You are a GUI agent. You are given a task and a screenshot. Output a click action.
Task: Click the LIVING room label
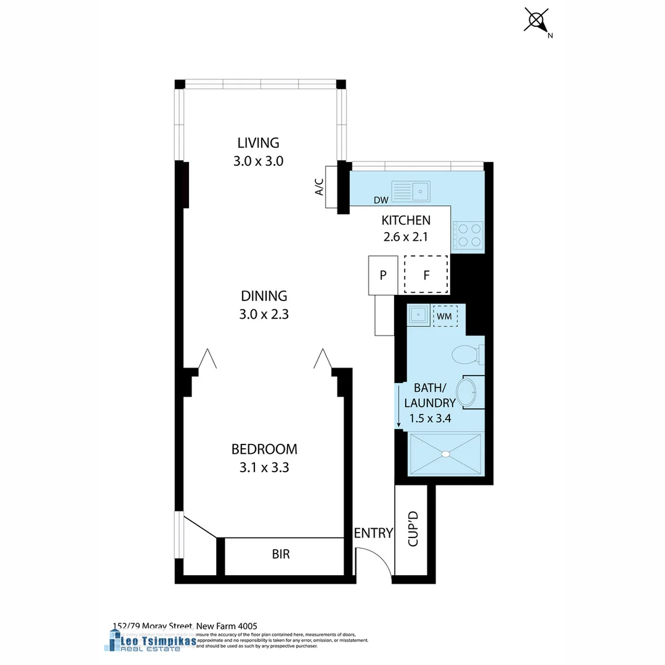click(x=258, y=143)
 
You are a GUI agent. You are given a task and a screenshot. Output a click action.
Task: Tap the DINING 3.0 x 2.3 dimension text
click(x=264, y=314)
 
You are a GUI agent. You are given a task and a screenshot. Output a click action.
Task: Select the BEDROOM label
click(x=264, y=449)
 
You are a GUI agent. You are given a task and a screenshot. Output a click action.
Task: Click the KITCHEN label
click(x=406, y=220)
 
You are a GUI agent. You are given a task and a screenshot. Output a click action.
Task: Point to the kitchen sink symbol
click(x=411, y=191)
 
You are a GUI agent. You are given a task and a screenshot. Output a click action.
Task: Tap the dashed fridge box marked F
click(x=426, y=275)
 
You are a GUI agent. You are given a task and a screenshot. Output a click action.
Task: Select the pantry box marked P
click(x=383, y=275)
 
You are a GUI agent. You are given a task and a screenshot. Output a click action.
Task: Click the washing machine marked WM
click(x=445, y=316)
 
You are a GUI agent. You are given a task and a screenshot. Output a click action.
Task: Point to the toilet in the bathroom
click(x=465, y=355)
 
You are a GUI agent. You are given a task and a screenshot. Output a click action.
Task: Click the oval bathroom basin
click(x=466, y=392)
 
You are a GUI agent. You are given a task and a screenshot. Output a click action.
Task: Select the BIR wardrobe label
click(x=281, y=554)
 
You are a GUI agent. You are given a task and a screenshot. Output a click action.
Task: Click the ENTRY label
click(x=373, y=533)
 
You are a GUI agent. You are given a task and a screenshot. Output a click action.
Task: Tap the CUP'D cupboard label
click(x=413, y=528)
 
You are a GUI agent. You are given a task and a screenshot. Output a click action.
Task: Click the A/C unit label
click(x=320, y=187)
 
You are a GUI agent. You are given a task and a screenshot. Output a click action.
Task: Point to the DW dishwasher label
click(x=381, y=200)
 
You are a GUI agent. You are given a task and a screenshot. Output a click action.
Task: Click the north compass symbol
click(x=537, y=20)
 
